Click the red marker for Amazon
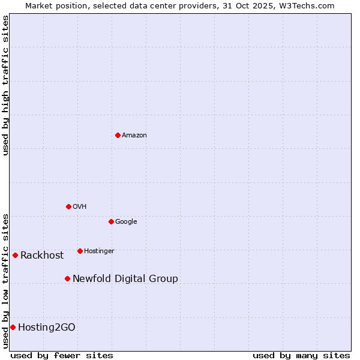118,135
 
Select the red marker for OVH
68,206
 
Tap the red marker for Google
111,221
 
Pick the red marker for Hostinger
80,251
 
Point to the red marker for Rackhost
15,255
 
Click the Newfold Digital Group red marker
67,278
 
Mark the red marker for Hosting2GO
13,327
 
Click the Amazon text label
134,136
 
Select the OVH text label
80,207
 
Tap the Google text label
126,222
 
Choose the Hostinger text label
99,251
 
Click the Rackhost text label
42,256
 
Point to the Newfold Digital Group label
125,279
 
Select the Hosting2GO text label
47,328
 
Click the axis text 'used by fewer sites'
62,355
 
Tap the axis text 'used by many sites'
301,355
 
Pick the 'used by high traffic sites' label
5,85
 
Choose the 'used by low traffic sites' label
5,280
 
